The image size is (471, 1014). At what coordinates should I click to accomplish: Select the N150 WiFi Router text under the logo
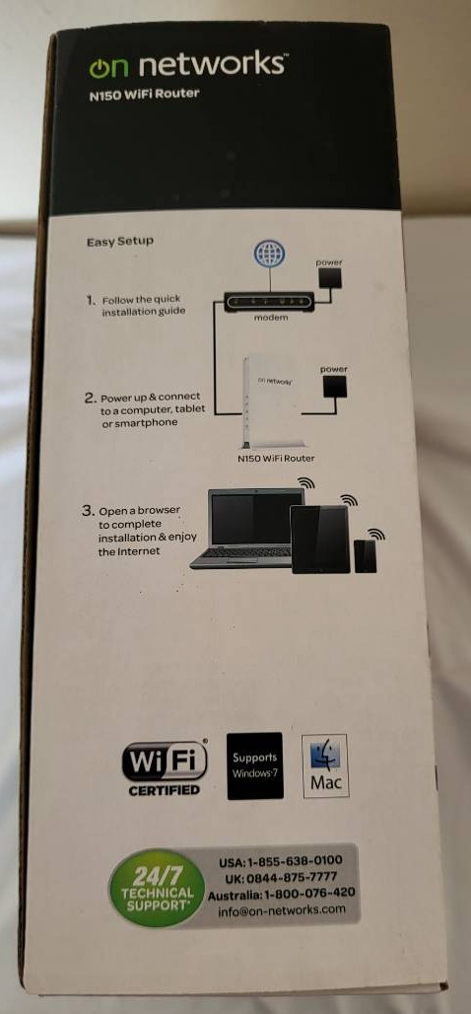click(144, 94)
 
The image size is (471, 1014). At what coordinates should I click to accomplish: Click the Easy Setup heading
click(120, 242)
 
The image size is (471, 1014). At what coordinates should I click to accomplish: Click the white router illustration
click(274, 402)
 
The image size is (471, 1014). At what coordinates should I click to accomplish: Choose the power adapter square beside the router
click(334, 388)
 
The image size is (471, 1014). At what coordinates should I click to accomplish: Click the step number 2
click(90, 397)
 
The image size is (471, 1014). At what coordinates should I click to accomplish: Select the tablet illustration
click(321, 540)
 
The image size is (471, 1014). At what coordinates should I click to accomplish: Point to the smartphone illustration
click(365, 555)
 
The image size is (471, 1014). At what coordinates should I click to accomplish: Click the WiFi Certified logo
click(165, 767)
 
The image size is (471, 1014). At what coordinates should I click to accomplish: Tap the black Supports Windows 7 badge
click(254, 765)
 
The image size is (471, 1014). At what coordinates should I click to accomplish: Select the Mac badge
click(325, 765)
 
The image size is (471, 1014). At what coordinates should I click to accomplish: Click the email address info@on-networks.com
click(282, 909)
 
